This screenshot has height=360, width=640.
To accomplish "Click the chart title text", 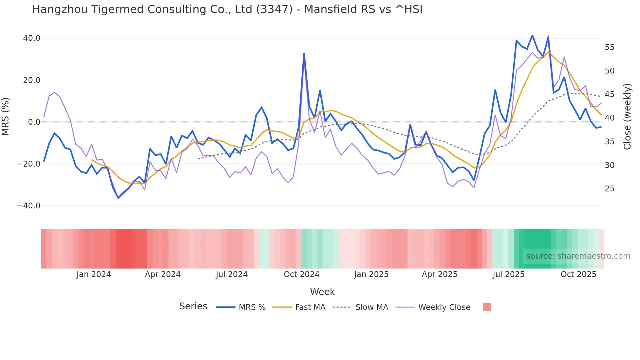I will [x=227, y=9].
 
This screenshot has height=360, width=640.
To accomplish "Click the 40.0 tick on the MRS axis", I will [x=32, y=38].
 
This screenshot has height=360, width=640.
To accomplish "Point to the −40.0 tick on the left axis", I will [x=29, y=206].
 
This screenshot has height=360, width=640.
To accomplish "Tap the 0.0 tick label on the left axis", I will [x=34, y=122].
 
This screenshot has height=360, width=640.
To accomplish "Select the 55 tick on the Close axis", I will [x=609, y=47].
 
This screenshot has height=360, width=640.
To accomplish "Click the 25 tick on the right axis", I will [x=609, y=189].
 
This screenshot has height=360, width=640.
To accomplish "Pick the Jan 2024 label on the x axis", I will [x=94, y=274].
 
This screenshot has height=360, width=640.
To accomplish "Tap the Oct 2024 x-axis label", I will [x=301, y=274].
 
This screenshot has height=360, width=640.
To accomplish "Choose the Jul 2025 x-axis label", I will [x=508, y=274].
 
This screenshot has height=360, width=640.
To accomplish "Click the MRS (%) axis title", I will [x=6, y=116].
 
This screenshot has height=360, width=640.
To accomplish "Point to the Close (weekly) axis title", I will [x=627, y=117].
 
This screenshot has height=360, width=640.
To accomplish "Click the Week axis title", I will [x=322, y=292].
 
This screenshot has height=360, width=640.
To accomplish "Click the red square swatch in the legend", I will [x=487, y=307].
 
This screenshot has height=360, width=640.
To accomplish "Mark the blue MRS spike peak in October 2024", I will [x=304, y=54].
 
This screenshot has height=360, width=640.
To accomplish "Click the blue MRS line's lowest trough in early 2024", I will [x=118, y=198].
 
